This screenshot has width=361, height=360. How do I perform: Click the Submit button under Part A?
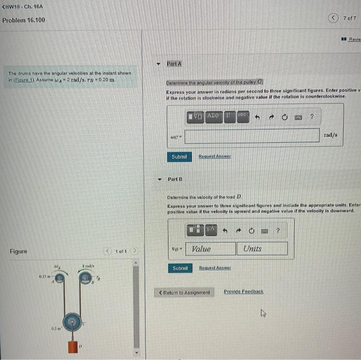179,157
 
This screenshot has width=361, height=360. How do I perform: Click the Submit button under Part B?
180,268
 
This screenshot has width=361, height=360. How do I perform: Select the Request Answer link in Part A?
215,156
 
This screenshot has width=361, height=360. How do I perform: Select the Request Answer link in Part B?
215,268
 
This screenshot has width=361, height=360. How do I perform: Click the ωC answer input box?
252,136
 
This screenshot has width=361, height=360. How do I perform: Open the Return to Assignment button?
184,292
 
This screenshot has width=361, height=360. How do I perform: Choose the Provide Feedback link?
243,292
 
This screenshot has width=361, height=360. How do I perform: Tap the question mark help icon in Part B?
278,231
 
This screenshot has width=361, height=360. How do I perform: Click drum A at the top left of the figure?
60,279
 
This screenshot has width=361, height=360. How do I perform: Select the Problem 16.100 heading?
24,20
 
